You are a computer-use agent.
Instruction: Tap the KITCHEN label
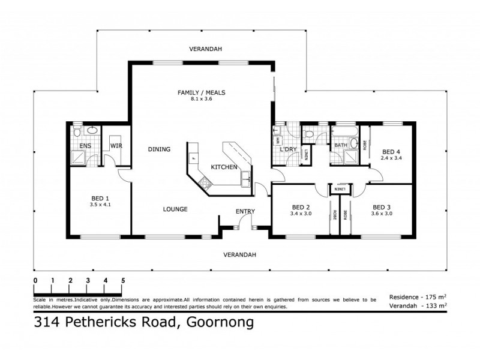click(224, 166)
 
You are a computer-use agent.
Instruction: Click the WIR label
click(115, 146)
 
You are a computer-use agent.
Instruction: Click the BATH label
click(341, 145)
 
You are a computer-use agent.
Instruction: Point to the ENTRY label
click(245, 211)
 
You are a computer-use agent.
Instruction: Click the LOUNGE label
click(175, 209)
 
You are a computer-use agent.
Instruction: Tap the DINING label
click(159, 149)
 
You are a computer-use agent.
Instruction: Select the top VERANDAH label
click(202, 49)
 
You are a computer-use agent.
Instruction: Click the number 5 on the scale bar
click(123, 280)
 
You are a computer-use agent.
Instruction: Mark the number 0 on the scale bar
click(35, 280)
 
